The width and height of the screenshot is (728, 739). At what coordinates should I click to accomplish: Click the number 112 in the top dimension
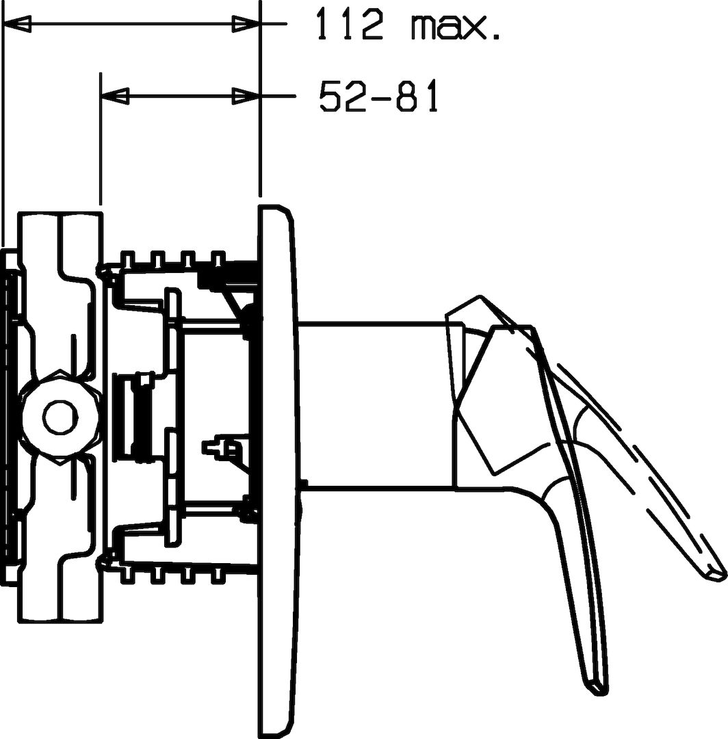(349, 23)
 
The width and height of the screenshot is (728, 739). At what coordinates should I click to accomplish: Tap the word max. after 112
(456, 28)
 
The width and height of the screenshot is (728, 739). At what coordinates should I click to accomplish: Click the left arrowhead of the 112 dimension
(17, 23)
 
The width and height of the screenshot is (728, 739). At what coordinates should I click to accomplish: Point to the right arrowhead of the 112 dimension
(246, 23)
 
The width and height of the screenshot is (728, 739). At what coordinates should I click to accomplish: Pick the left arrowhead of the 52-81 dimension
(115, 96)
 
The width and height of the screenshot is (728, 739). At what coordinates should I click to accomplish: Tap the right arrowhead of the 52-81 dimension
(246, 96)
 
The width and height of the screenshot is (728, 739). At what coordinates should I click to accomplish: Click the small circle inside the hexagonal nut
(60, 417)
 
